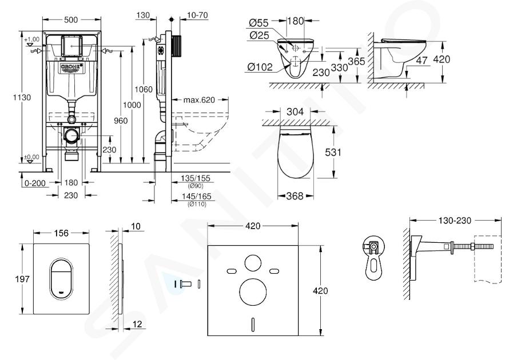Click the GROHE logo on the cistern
coord(71,67)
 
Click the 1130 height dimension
coord(22,97)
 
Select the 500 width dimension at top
coord(71,20)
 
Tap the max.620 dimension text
coord(199,99)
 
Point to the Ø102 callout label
coord(260,67)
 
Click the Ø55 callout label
coord(259,23)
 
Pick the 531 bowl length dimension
coord(333,152)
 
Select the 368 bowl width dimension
coord(295,196)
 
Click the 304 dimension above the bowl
coord(295,111)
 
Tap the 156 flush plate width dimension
coord(61,233)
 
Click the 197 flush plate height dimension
coord(22,279)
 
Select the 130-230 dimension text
coord(455,221)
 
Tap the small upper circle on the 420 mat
coord(253,263)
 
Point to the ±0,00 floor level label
coord(32,157)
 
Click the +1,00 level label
coord(32,39)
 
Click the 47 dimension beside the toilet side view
coord(422,60)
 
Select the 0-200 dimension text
coord(35,183)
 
